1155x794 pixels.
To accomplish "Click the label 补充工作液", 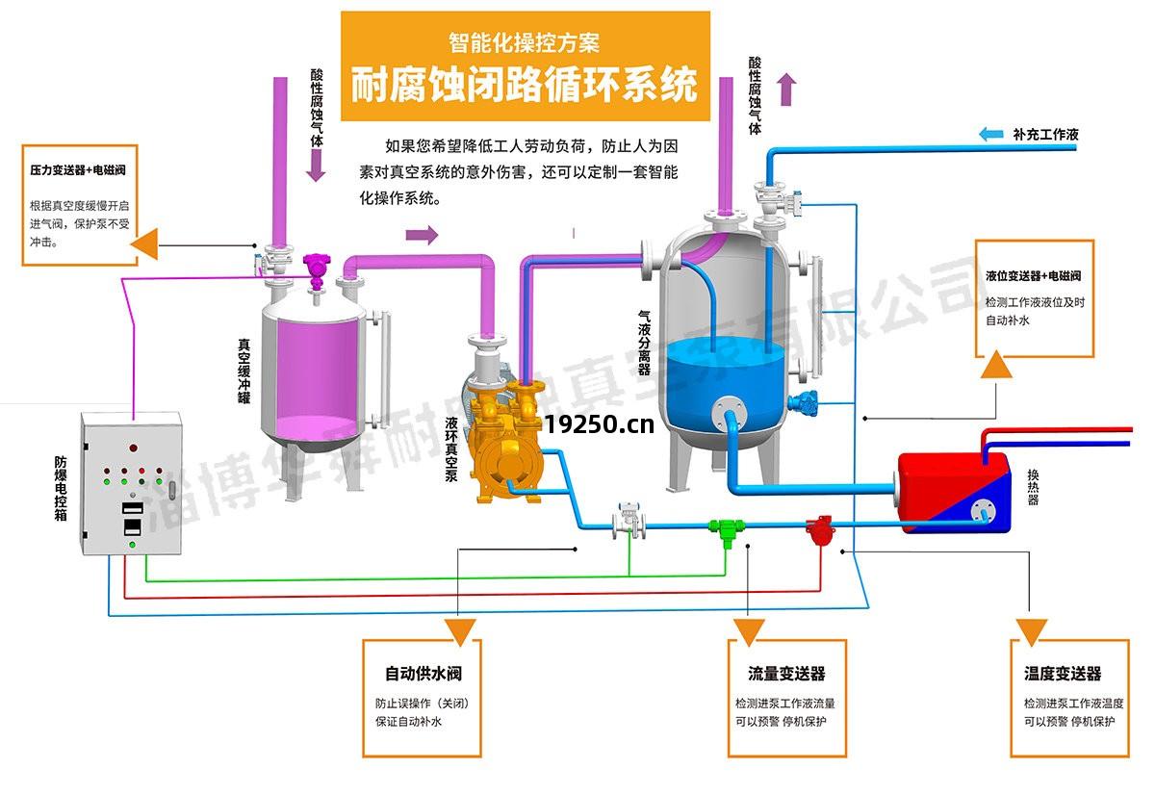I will tap(1045, 135).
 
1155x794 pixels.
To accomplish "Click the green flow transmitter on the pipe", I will tap(724, 527).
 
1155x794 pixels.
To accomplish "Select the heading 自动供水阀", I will tap(417, 674).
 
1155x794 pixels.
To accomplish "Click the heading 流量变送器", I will tap(786, 674).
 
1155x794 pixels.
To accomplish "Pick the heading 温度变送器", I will tap(1063, 674).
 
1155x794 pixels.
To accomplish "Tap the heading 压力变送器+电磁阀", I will tap(79, 170).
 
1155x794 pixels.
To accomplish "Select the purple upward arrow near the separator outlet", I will tap(787, 89).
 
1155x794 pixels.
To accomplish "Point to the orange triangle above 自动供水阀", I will tap(461, 630).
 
